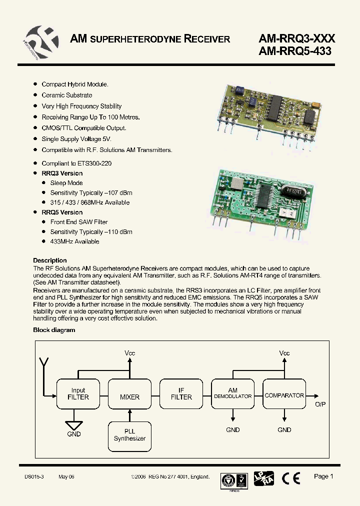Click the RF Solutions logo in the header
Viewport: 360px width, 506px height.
[x=41, y=39]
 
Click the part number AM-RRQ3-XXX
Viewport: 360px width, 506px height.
[x=296, y=38]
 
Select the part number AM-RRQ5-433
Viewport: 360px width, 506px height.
[x=295, y=50]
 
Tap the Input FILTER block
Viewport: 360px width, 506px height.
[x=78, y=394]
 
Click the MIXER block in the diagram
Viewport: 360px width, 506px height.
[x=129, y=397]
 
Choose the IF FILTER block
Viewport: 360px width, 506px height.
[x=181, y=394]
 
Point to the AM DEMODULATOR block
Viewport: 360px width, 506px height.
[x=232, y=393]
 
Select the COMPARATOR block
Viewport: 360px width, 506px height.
[x=284, y=395]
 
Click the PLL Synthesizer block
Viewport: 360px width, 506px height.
[x=129, y=435]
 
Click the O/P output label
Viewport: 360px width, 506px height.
[x=320, y=404]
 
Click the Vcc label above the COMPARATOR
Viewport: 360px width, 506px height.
[x=284, y=353]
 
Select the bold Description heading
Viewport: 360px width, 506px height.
[x=49, y=260]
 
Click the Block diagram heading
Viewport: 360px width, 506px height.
[x=54, y=330]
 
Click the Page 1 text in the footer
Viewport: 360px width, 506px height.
[x=323, y=476]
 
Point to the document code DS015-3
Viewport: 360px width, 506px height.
[x=34, y=477]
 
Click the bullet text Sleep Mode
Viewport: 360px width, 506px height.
[x=66, y=183]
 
